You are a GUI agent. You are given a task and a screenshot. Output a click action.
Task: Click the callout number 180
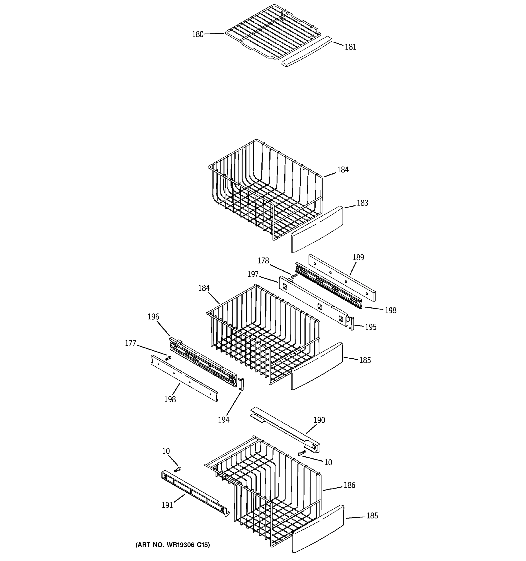tap(198, 34)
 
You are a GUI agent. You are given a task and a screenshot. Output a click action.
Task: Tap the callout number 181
tap(350, 47)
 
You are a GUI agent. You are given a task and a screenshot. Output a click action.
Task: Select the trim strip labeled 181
tap(307, 51)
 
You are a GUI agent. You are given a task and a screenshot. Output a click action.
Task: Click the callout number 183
tap(362, 203)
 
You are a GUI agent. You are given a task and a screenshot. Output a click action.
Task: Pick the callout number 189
tap(358, 257)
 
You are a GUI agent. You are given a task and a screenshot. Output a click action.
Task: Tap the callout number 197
tap(253, 274)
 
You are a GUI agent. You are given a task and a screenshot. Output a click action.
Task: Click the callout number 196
tap(153, 317)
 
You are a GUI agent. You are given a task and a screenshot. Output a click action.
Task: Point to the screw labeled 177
tap(168, 358)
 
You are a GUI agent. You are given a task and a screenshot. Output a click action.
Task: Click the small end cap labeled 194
tap(241, 384)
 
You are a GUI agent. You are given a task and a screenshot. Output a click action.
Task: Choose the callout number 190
tap(319, 420)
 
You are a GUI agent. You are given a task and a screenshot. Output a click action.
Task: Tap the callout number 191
tap(167, 505)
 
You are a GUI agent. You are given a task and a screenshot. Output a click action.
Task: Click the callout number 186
tap(349, 485)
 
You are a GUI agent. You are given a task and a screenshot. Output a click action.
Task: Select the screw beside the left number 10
tap(177, 470)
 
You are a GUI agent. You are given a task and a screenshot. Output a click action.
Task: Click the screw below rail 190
tap(301, 453)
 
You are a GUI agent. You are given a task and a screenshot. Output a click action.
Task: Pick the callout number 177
tap(130, 343)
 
